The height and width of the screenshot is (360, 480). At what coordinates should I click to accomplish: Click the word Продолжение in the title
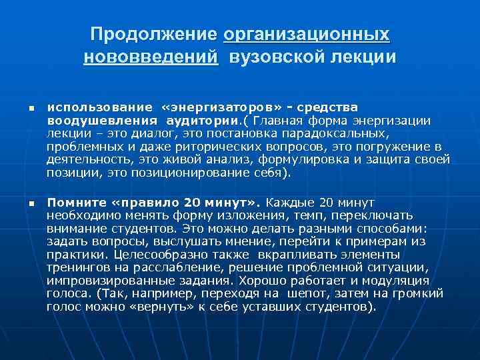[x=154, y=33]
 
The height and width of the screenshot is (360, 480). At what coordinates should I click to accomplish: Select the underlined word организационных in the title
[x=307, y=33]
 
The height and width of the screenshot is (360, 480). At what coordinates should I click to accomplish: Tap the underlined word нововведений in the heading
[x=151, y=57]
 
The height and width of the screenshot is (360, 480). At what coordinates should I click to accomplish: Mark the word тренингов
[x=76, y=267]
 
